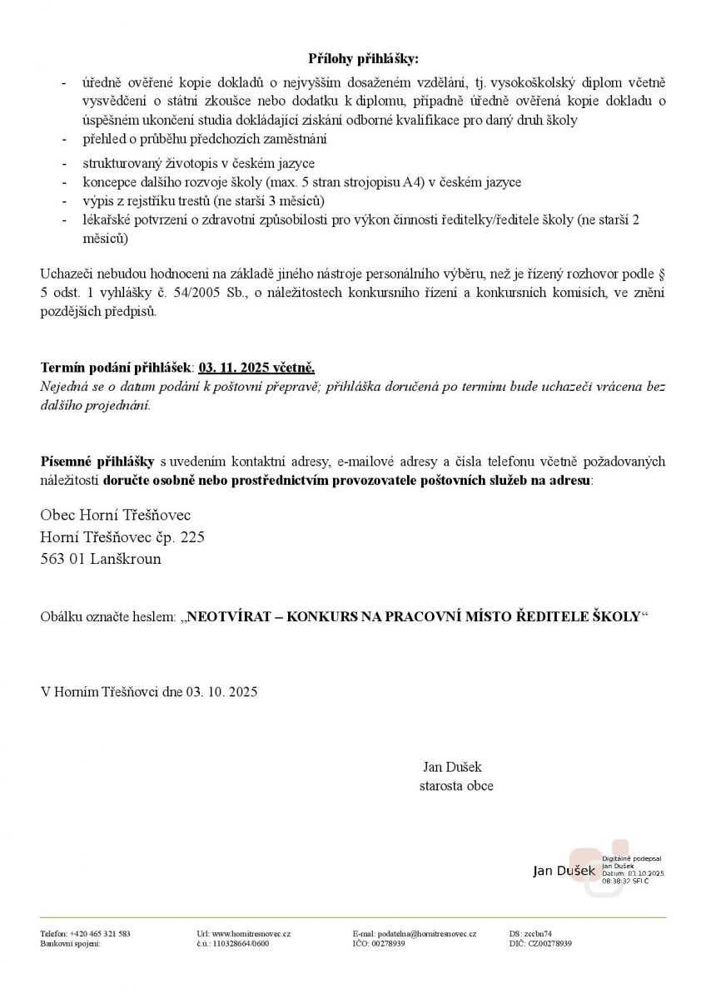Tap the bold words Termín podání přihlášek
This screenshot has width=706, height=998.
[116, 367]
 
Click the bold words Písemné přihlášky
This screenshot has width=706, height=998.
[97, 462]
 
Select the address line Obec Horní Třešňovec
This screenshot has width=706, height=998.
[116, 516]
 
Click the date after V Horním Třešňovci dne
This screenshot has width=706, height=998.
[221, 691]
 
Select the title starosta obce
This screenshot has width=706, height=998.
[456, 786]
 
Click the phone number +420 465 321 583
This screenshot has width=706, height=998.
[101, 934]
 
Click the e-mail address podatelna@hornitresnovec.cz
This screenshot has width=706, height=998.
[426, 934]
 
